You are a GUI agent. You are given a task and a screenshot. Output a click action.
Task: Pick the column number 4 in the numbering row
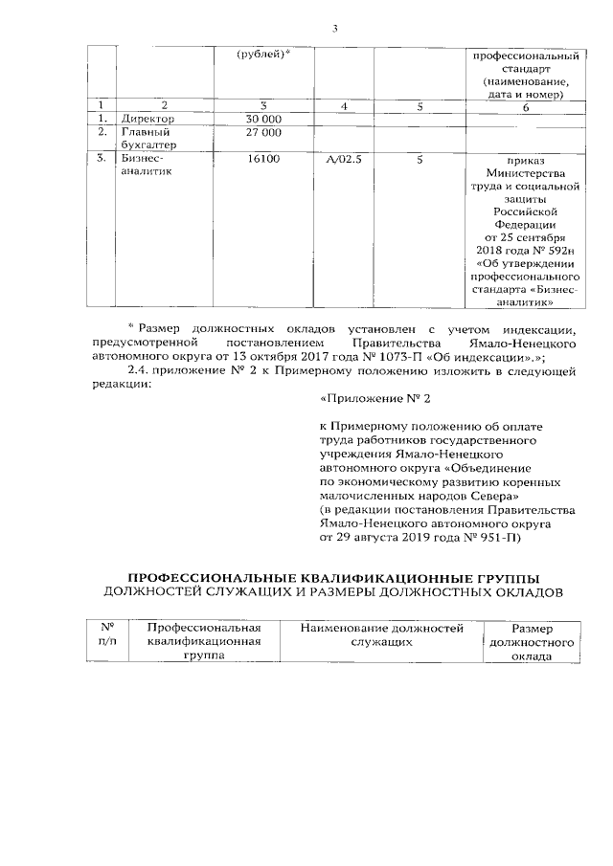[x=343, y=104]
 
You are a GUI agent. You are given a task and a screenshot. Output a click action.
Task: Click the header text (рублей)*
[x=263, y=53]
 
